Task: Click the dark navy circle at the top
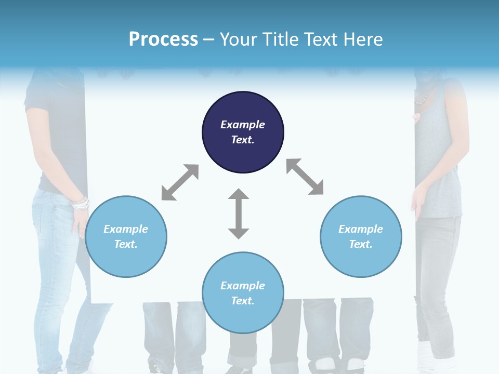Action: pos(243,132)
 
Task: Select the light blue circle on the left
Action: pos(126,236)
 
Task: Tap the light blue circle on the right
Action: pos(361,236)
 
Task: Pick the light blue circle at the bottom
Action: pos(243,293)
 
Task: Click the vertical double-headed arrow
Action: pos(239,213)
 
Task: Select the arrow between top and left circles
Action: pos(180,182)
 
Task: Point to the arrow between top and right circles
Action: pos(305,177)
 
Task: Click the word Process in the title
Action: pos(163,39)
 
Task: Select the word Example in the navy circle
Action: pos(243,125)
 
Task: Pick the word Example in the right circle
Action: pos(361,229)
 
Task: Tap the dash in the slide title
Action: pos(208,39)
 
